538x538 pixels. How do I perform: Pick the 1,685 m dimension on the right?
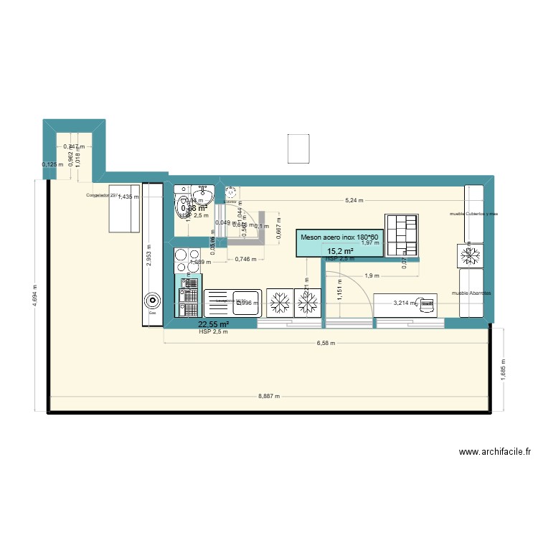[x=503, y=371]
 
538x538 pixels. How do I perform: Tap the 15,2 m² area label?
[x=340, y=251]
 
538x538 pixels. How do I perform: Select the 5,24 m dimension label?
[x=354, y=201]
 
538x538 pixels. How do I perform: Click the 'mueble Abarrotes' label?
[x=470, y=293]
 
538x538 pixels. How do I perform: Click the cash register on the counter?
[x=428, y=303]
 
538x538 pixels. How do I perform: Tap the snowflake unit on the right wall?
[x=471, y=255]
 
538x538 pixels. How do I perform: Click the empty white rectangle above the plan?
[x=298, y=148]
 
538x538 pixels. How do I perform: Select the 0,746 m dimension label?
[x=245, y=260]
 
